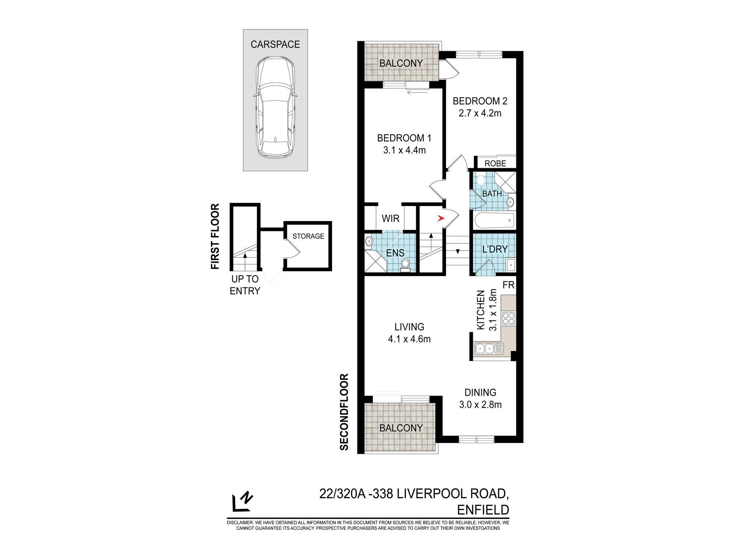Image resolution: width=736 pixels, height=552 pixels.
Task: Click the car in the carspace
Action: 275,107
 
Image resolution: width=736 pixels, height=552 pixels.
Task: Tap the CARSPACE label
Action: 275,45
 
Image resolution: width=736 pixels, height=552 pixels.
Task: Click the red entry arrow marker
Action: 441,219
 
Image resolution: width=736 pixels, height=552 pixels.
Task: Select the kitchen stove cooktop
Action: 509,318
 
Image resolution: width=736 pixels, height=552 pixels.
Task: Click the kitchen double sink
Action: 489,348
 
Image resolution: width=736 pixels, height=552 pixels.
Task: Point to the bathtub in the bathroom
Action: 494,220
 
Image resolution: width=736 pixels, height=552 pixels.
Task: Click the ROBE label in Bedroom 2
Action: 495,163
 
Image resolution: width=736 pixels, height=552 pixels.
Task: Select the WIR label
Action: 390,219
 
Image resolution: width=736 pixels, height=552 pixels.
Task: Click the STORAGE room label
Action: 308,236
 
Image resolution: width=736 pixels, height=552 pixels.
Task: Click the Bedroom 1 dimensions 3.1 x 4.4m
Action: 404,150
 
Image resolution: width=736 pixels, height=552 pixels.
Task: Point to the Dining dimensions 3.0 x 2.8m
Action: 480,405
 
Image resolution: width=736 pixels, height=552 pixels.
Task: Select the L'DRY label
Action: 495,249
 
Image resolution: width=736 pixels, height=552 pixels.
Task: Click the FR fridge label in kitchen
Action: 508,285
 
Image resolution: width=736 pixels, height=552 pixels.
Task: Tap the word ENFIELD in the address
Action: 483,510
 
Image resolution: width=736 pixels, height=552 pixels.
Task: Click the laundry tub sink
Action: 511,265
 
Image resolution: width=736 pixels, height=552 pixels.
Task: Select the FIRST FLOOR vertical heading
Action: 215,236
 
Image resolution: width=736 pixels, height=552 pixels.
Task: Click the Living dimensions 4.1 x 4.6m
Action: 409,339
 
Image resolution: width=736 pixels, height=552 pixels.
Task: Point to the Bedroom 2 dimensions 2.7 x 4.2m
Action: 480,113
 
